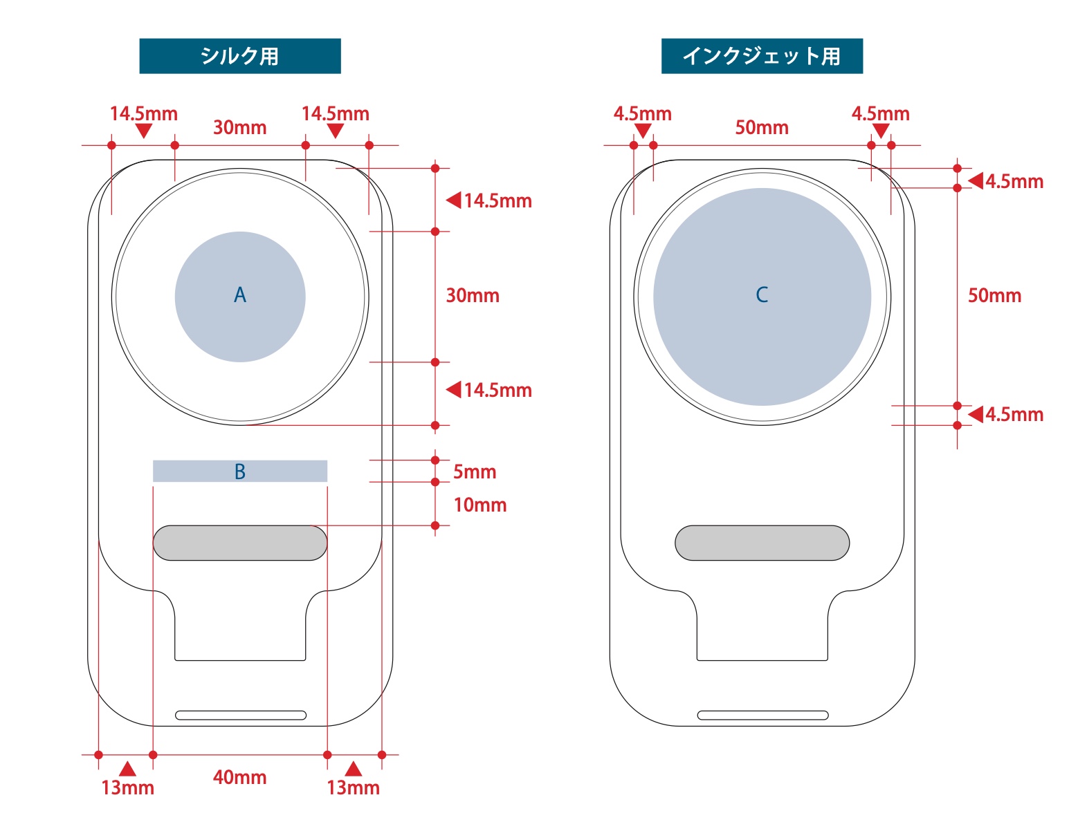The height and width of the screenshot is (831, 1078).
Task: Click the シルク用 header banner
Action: (239, 56)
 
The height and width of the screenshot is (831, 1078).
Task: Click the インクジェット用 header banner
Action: (761, 56)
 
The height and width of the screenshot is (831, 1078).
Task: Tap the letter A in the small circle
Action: (240, 296)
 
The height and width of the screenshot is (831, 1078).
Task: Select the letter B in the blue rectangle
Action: (240, 471)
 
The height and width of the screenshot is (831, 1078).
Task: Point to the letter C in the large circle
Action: (762, 295)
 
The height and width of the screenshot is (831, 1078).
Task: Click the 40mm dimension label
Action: (239, 777)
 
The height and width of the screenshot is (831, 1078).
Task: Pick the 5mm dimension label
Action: (475, 471)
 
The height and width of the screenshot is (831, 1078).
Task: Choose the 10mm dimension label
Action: (479, 505)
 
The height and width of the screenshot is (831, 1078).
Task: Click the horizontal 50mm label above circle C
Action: (761, 127)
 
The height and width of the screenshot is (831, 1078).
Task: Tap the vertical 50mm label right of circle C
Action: (994, 295)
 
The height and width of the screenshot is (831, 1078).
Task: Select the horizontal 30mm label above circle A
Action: (239, 127)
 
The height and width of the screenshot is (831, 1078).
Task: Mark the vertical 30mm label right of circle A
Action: (472, 295)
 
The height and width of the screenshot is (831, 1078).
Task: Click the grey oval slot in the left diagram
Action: (239, 543)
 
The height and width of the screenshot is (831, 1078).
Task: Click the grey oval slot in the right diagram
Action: (762, 543)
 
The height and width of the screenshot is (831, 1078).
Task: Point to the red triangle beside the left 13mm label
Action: (127, 769)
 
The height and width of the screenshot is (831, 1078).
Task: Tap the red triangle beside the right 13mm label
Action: (354, 769)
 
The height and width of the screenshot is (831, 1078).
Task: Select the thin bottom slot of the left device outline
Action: (240, 715)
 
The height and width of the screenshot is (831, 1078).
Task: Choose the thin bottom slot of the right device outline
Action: (762, 715)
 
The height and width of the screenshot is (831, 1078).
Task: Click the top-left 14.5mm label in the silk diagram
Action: (144, 113)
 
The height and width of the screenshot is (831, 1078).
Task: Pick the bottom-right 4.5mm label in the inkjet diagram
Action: (1014, 414)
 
